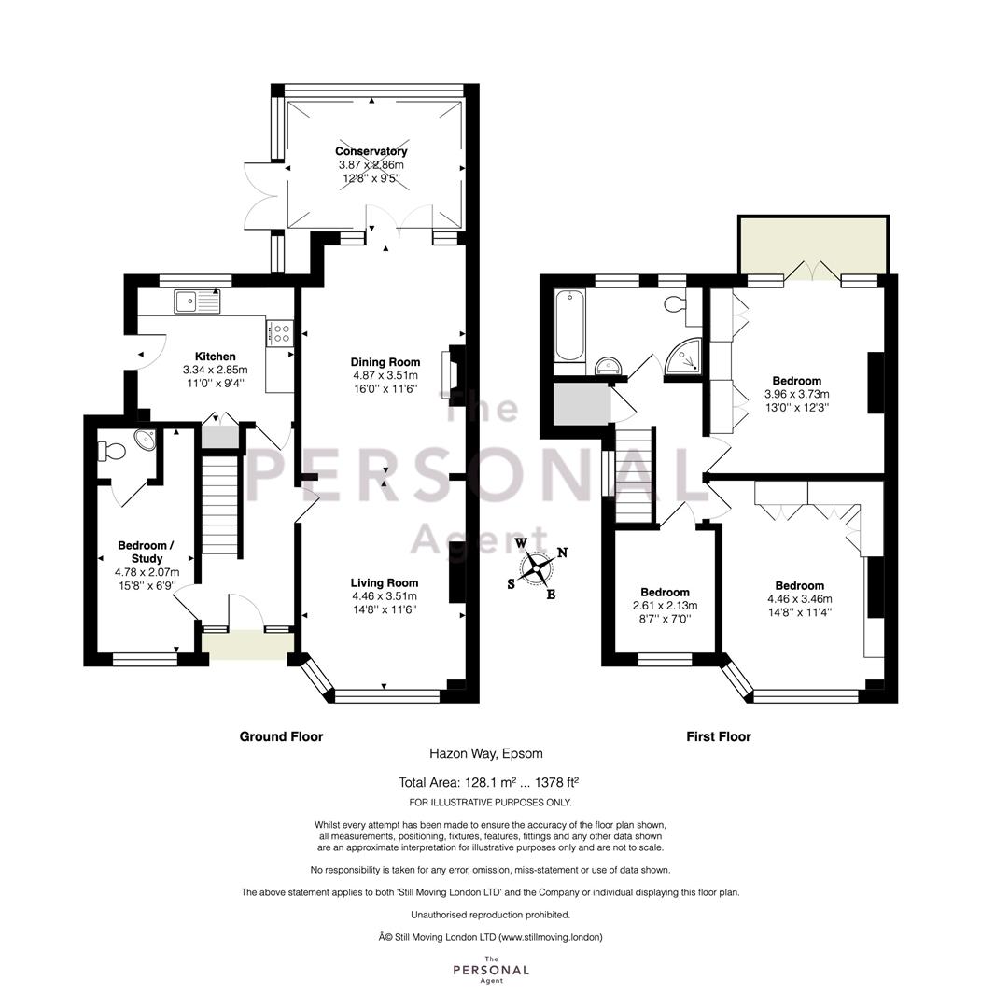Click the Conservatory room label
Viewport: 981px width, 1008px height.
pos(371,152)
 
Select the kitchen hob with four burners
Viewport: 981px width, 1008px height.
pos(280,333)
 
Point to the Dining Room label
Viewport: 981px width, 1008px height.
pos(385,362)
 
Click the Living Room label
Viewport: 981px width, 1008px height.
pos(385,583)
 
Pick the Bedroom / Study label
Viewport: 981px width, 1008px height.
pos(147,553)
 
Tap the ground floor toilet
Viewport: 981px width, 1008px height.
pos(110,450)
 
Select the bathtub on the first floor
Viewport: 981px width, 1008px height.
pos(569,326)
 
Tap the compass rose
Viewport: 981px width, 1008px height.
pos(536,568)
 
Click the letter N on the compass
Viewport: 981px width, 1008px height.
pos(562,553)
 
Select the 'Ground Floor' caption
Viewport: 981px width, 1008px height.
pos(281,736)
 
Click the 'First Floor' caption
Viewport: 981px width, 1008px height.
pos(718,736)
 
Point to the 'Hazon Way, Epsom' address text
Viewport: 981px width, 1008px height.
pos(486,753)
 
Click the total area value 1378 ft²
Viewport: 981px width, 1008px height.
pos(558,782)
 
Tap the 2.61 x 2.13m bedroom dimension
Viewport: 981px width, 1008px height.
pos(665,606)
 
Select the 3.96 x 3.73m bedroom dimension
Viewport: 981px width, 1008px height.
pos(796,394)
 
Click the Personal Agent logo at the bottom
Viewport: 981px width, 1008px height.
pos(491,970)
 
